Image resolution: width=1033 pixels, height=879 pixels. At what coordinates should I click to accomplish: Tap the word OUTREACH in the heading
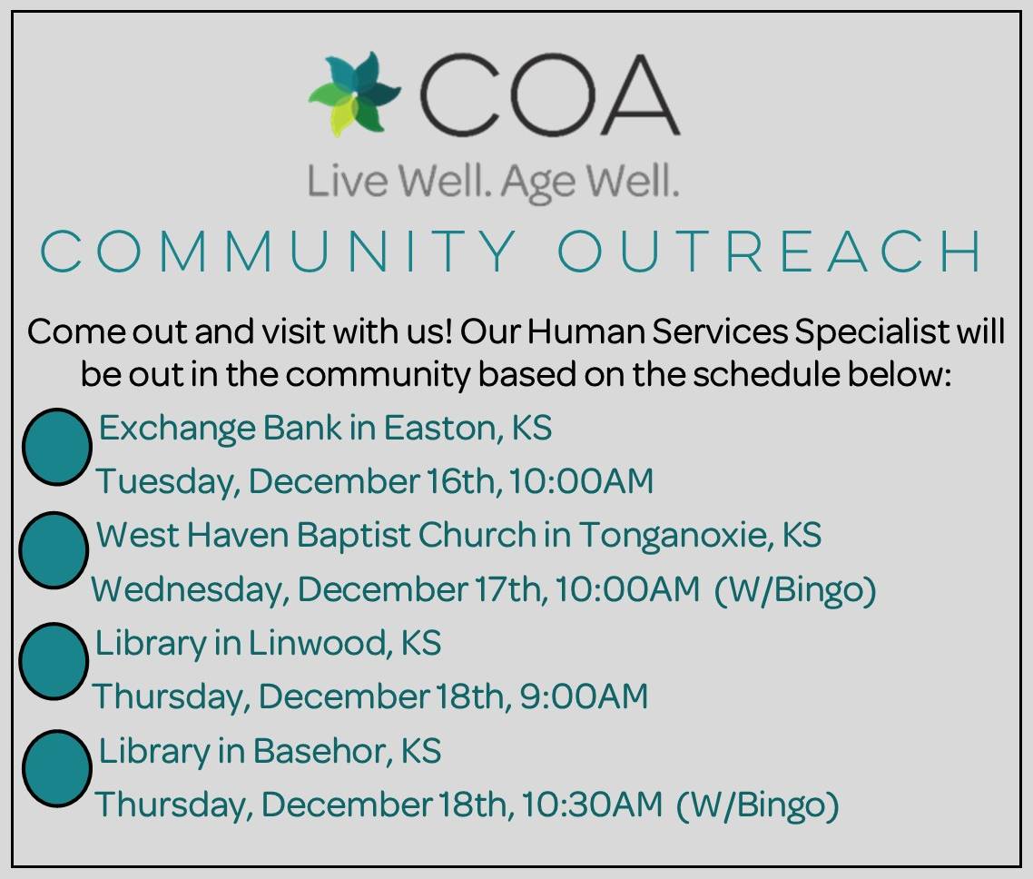click(x=770, y=252)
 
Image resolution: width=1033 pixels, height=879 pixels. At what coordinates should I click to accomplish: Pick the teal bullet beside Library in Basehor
click(x=56, y=768)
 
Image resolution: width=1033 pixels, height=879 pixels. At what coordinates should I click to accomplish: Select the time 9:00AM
click(x=584, y=696)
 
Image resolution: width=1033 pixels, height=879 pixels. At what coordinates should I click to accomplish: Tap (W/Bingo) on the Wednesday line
click(x=795, y=589)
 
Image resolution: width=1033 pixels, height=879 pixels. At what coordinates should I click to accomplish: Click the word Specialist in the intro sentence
click(x=871, y=331)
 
